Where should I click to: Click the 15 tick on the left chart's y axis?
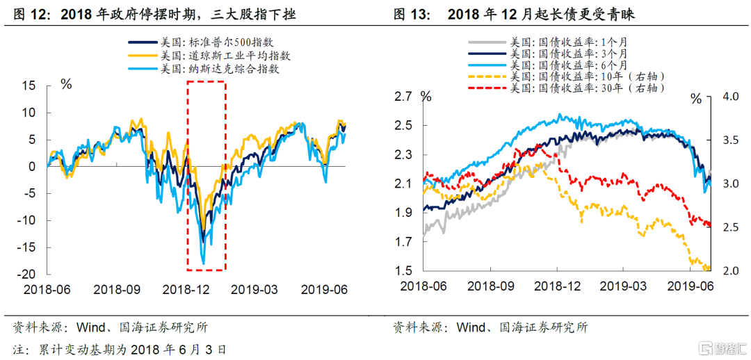[x=29, y=85]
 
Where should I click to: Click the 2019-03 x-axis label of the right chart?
[x=624, y=286]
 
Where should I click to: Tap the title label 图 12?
[x=28, y=14]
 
